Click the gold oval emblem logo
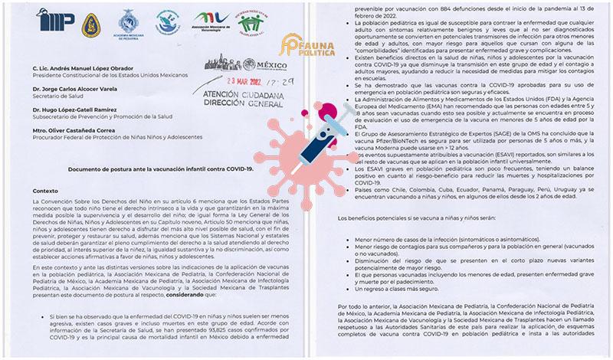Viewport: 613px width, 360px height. tap(90, 25)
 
